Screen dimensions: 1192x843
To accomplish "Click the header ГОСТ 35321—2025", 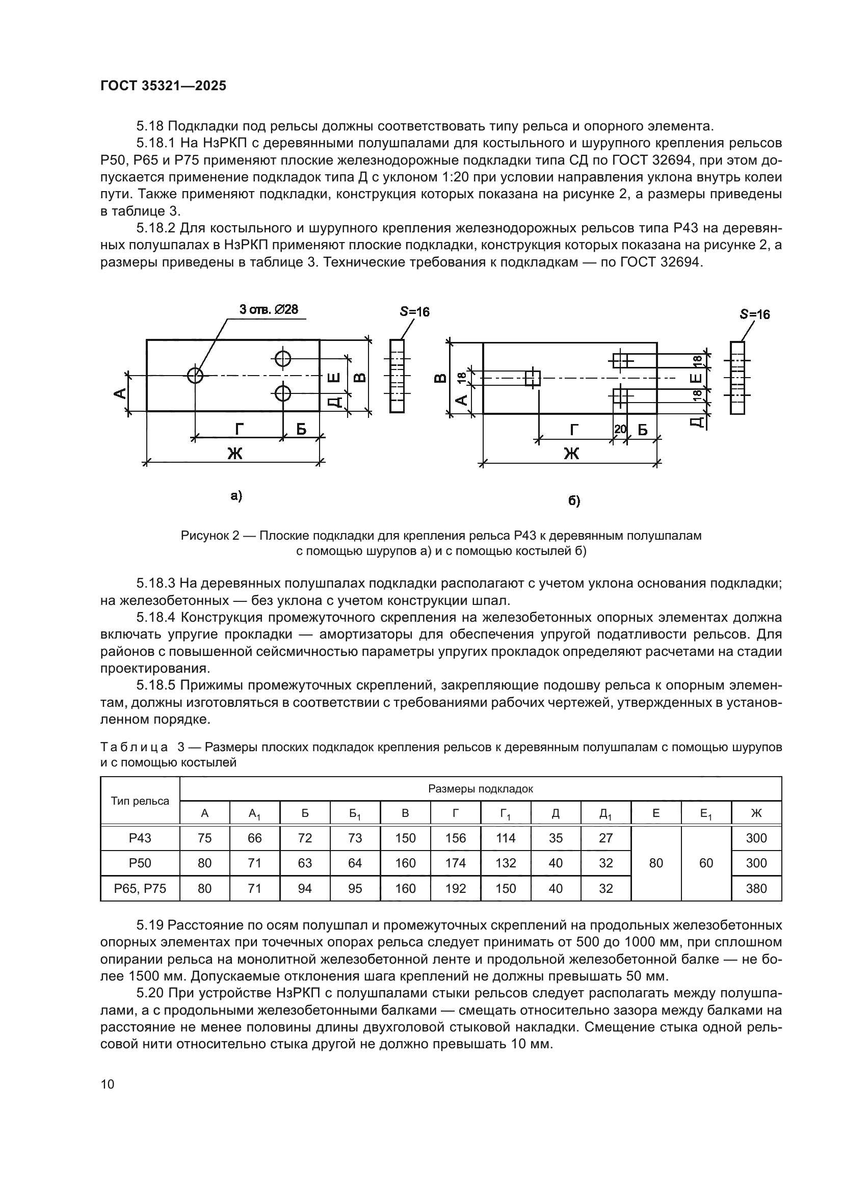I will coord(164,86).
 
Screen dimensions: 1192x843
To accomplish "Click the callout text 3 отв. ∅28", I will coord(269,310).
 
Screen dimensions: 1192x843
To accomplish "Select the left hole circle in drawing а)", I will coord(196,376).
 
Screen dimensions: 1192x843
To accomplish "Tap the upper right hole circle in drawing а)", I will coord(283,358).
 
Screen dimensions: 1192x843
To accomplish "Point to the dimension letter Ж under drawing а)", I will coord(234,453).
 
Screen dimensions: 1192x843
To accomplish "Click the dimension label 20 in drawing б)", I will coord(620,429).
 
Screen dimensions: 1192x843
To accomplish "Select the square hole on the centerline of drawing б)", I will coord(533,378).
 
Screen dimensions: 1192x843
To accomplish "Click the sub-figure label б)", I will coord(573,500).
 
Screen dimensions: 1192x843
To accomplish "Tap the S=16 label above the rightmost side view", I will coord(755,314).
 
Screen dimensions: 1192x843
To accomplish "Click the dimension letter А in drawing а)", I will coord(120,393).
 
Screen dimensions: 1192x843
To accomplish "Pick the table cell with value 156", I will coord(455,838).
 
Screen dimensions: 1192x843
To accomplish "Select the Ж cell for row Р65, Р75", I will coord(756,888).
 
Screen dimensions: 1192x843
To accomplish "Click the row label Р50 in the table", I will coord(140,863).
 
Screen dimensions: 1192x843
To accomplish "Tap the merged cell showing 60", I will coord(706,863).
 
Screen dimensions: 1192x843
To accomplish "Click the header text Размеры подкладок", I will coord(480,789).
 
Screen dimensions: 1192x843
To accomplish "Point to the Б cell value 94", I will coord(305,888).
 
